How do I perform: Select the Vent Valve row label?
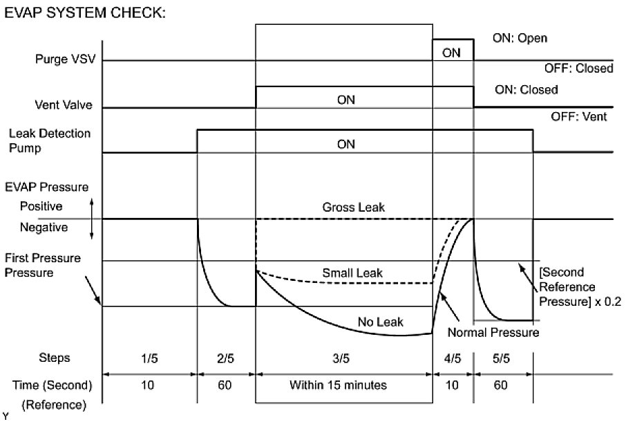64,107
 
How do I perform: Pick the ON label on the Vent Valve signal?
345,100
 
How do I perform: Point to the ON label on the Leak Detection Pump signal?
345,145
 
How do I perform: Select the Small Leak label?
352,273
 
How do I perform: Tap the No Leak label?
380,322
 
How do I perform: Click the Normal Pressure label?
492,333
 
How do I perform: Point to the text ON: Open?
519,38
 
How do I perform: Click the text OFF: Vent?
578,117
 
